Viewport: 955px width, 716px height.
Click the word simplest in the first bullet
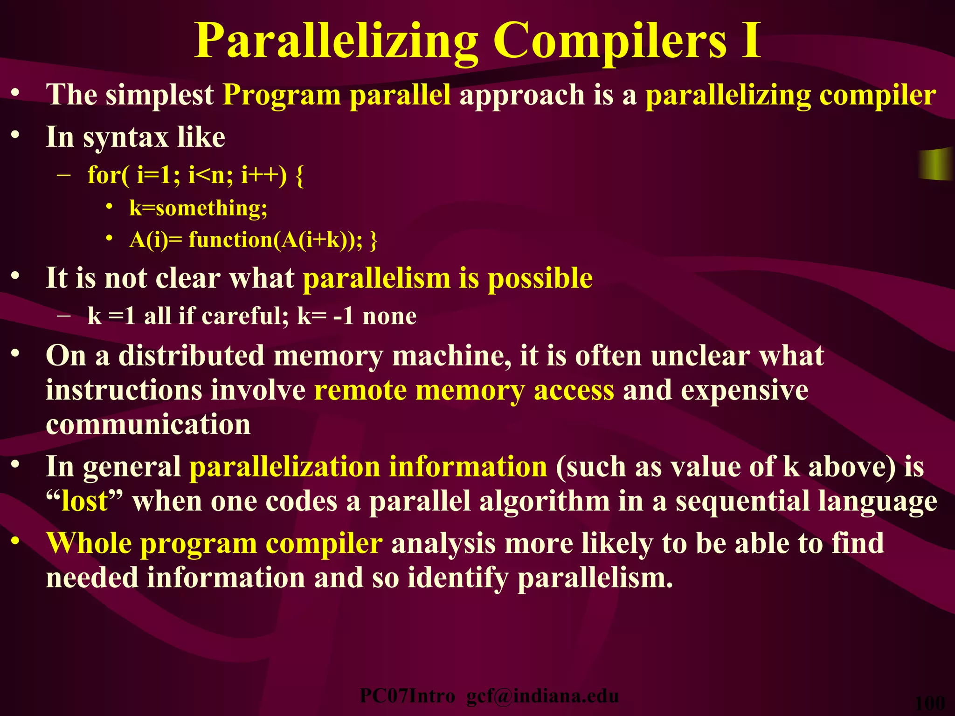click(x=159, y=95)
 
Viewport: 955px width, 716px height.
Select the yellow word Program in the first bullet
click(x=282, y=96)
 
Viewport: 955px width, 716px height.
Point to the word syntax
click(x=125, y=138)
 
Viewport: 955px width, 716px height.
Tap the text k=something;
click(x=198, y=208)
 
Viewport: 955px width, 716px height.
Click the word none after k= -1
click(x=389, y=317)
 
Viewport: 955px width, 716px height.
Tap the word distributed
click(x=191, y=356)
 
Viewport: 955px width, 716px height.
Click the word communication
click(x=148, y=424)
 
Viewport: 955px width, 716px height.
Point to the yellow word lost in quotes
click(x=84, y=502)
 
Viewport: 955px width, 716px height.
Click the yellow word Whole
click(x=89, y=544)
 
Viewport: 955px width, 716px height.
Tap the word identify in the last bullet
click(x=457, y=578)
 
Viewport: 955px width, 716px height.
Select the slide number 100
click(x=930, y=702)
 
